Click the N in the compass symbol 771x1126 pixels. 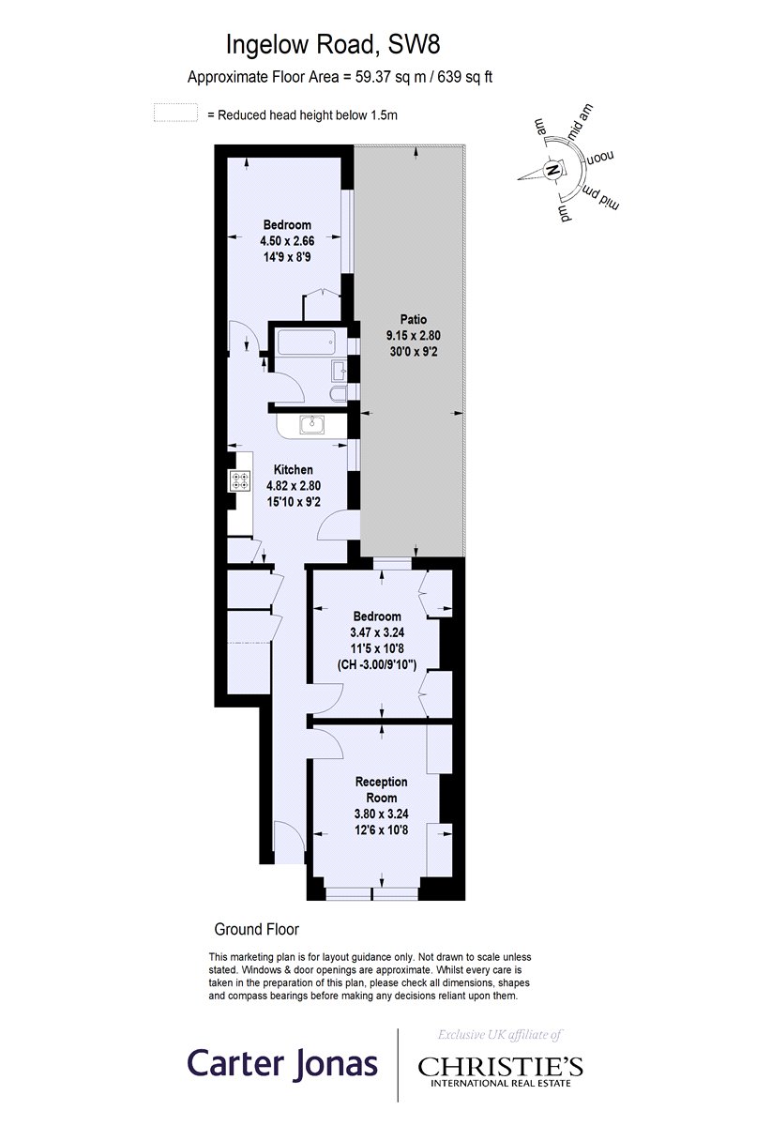pos(552,171)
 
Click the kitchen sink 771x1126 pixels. pos(312,426)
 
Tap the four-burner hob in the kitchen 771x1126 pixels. pos(240,481)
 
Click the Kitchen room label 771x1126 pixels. pos(293,470)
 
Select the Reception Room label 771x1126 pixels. pos(381,789)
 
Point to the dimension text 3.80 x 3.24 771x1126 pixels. pos(381,814)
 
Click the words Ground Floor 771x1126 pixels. pos(257,930)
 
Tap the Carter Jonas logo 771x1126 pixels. pos(282,1063)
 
